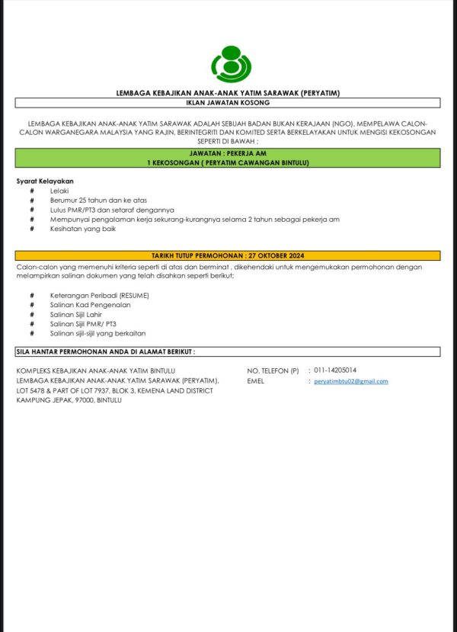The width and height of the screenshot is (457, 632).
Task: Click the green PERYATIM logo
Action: click(x=228, y=64)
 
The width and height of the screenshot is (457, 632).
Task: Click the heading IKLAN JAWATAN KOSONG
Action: click(x=228, y=102)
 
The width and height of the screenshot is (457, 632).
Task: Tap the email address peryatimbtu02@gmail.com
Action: click(x=351, y=381)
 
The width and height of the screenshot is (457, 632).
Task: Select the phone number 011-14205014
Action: click(x=335, y=371)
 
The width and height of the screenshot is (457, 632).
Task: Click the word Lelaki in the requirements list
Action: click(x=59, y=190)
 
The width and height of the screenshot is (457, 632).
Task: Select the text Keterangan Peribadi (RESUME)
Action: click(x=100, y=295)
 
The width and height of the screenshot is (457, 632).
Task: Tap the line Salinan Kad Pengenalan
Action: click(x=90, y=304)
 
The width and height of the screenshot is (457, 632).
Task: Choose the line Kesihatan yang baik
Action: click(x=83, y=229)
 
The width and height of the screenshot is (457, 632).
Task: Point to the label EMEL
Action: click(x=256, y=381)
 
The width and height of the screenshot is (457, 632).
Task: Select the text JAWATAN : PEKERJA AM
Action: click(x=228, y=153)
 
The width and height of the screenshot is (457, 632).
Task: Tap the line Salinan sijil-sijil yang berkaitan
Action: click(x=97, y=333)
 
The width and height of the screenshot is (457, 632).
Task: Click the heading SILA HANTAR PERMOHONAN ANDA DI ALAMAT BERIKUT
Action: click(x=106, y=351)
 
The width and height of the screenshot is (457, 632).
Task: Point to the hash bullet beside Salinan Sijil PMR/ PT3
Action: click(x=32, y=324)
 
